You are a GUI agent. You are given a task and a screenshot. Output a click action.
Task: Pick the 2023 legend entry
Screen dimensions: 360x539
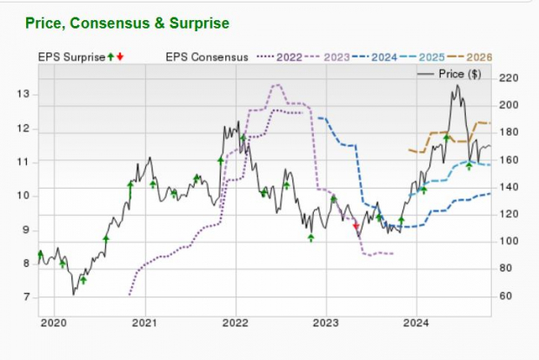336,57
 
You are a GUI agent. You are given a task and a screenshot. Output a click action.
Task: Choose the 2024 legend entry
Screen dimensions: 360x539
382,57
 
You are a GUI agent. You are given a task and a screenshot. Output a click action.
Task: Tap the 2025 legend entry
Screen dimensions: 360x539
428,57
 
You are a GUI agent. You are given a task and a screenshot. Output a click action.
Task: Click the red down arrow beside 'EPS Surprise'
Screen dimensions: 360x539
120,57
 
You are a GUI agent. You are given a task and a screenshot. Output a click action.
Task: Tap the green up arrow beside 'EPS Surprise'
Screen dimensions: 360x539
110,57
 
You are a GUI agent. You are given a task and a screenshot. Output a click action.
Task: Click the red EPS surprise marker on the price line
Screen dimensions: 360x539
356,226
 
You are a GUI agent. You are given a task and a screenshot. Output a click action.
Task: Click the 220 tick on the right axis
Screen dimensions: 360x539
509,78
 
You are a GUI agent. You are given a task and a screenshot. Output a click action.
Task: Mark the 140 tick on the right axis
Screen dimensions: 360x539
509,187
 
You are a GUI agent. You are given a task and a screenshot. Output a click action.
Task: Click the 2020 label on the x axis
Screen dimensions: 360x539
54,323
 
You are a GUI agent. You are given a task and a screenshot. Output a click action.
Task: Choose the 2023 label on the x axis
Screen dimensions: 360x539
325,323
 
